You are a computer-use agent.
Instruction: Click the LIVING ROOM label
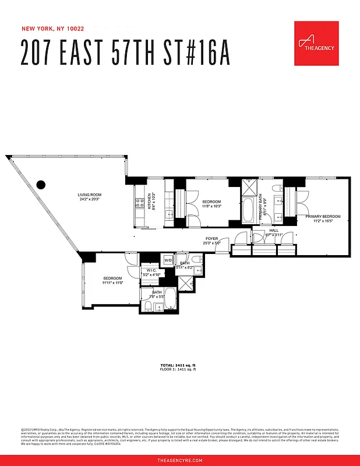[90, 195]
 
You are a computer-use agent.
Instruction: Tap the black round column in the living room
[41, 185]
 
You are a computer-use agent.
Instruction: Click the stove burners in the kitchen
[140, 203]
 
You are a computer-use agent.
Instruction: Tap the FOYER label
[212, 239]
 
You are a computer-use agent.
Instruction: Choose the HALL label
[274, 230]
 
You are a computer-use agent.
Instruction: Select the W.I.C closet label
[151, 270]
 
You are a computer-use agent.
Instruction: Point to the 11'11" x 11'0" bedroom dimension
[113, 283]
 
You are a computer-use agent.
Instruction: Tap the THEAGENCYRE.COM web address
[180, 460]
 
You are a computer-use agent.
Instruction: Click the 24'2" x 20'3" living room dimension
[90, 199]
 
